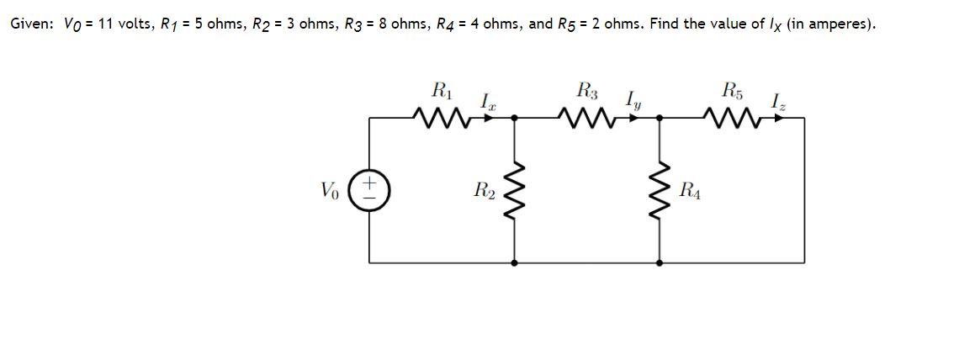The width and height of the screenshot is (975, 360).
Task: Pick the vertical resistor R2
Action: click(515, 191)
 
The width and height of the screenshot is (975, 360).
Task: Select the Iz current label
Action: click(777, 102)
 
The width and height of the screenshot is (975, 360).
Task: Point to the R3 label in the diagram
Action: click(586, 88)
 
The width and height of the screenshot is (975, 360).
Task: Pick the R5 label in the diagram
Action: click(729, 88)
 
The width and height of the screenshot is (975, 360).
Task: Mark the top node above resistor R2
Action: click(515, 119)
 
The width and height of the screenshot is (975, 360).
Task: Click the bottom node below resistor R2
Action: click(515, 262)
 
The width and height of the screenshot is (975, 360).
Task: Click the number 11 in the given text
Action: click(106, 24)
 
